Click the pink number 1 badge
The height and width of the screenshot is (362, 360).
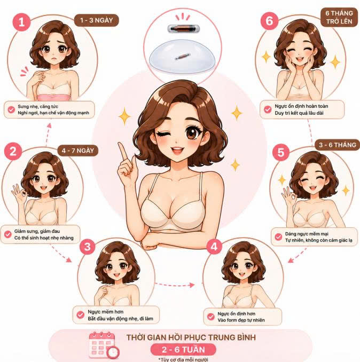point(21,22)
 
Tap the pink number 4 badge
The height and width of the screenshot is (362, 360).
point(214,246)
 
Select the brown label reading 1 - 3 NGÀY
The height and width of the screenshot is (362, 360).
point(97,20)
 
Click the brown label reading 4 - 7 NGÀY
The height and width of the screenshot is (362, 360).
point(78,151)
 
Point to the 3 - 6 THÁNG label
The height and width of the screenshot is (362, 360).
point(338,145)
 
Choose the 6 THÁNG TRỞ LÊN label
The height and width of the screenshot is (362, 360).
point(339,17)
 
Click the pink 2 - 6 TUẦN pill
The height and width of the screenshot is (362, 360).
point(183,350)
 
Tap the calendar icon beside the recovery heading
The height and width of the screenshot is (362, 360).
point(104,345)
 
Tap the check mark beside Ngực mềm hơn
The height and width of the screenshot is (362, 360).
point(80,314)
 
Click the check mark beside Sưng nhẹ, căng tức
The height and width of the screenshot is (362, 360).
point(11,109)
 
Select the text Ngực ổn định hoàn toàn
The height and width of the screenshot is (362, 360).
point(301,106)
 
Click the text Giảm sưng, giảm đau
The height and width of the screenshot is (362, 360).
point(37,231)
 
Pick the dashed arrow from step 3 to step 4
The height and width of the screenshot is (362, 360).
point(175,285)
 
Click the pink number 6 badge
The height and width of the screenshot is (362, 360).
point(270,21)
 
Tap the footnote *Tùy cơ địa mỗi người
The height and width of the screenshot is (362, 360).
point(183,359)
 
